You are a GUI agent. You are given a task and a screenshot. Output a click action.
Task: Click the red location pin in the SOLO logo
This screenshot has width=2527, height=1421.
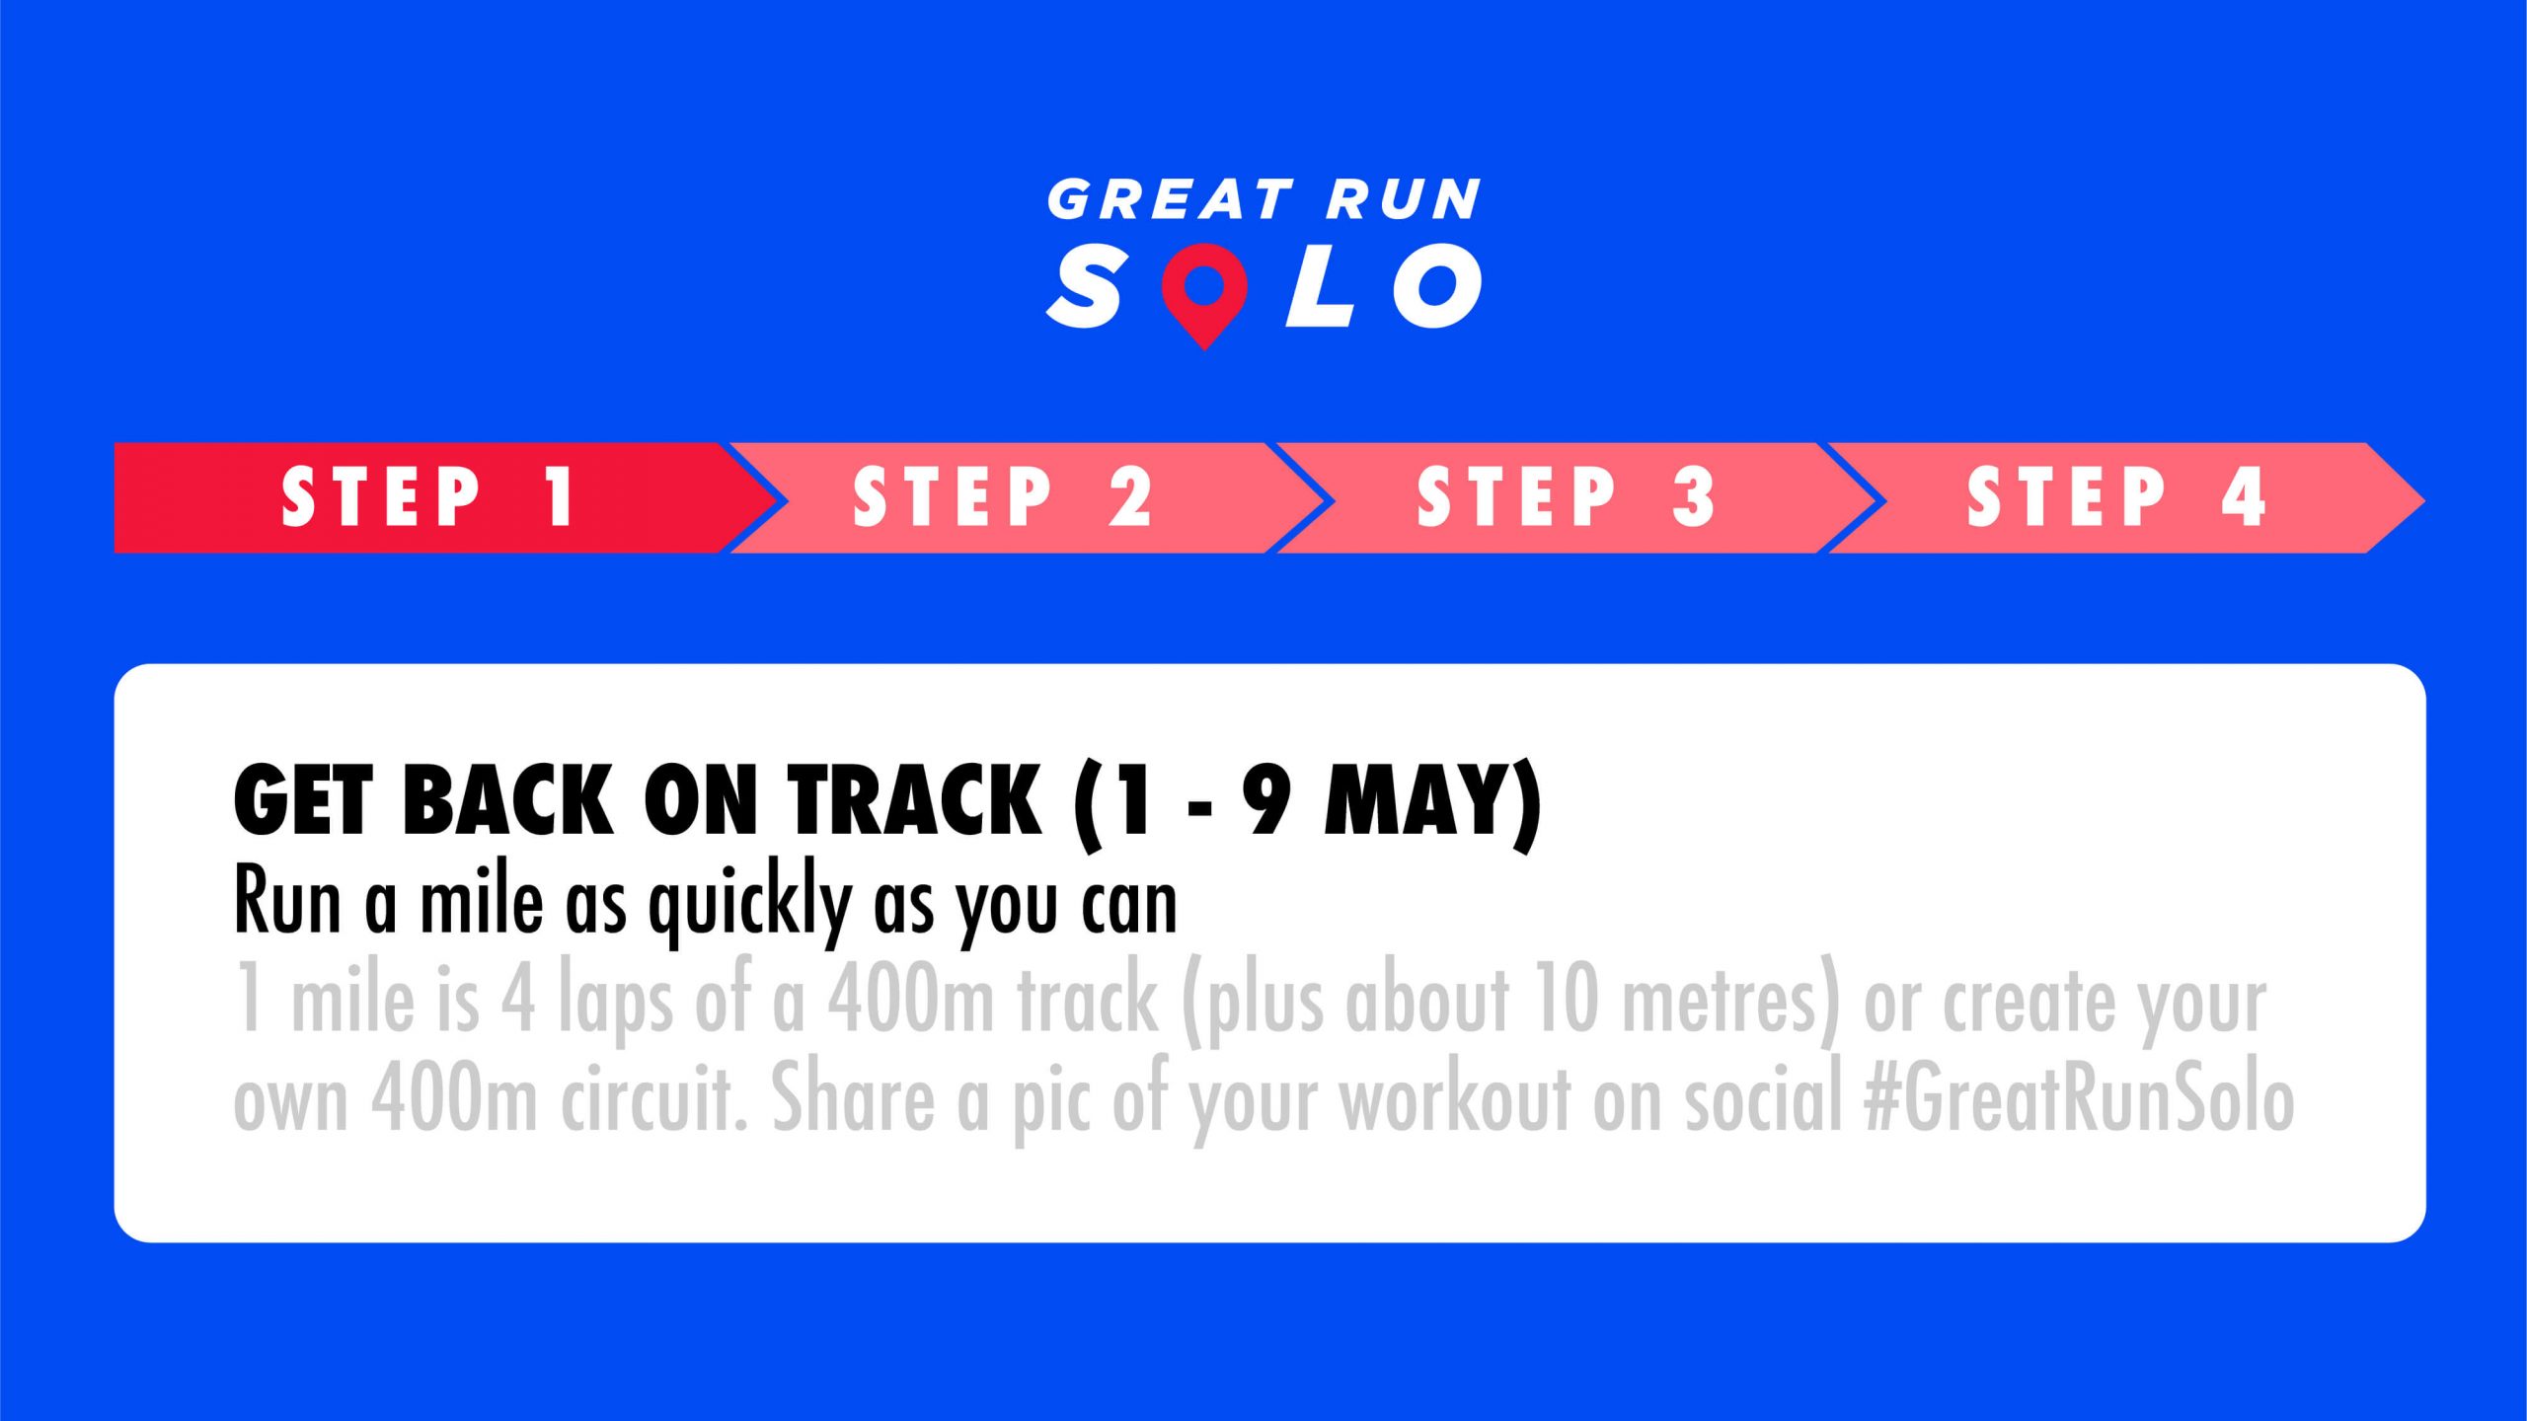coord(1204,292)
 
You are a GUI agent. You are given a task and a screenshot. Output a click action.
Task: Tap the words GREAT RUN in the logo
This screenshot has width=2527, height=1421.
coord(1264,199)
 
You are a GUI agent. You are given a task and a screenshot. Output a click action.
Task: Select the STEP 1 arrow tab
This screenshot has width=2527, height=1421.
coord(444,497)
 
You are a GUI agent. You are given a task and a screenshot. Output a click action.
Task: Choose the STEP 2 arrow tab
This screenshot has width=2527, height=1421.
coord(1027,497)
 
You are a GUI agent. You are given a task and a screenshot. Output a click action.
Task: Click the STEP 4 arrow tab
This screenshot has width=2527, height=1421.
coord(2122,497)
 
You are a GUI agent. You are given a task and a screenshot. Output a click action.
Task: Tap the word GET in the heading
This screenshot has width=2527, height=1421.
coord(301,800)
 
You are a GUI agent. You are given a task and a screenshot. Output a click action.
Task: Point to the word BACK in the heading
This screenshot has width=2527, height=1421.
coord(507,800)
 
